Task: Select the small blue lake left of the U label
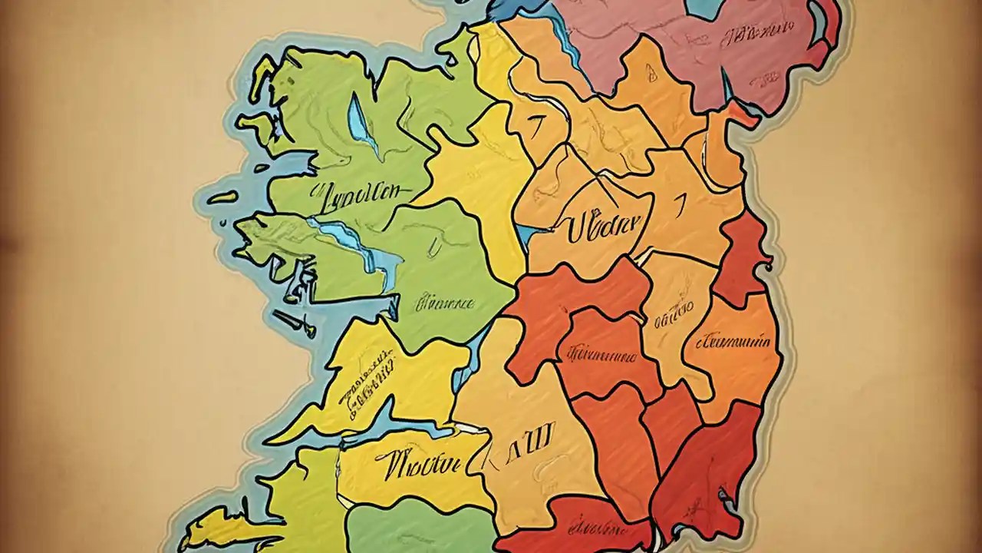[x=525, y=230]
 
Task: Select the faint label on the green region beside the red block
[x=445, y=303]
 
